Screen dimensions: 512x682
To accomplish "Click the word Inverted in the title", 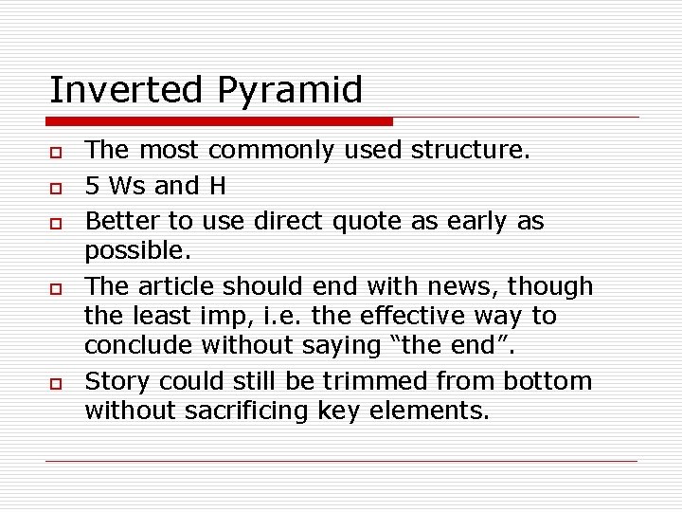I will (x=127, y=91).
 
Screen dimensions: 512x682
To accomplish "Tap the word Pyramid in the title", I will (x=289, y=91).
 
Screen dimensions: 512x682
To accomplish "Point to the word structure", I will (x=484, y=150).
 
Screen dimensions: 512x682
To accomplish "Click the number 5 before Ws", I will (x=92, y=186).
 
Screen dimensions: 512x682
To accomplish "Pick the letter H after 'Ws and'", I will (x=217, y=186).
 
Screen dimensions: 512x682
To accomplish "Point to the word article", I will (x=176, y=285).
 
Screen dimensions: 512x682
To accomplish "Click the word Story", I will (x=117, y=381).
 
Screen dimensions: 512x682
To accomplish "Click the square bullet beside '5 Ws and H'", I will (x=56, y=188).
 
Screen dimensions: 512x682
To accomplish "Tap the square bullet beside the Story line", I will (x=56, y=383).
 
